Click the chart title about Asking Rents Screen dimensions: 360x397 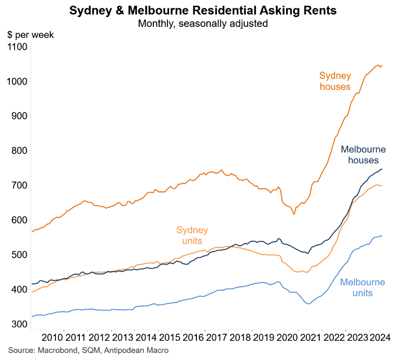pyautogui.click(x=198, y=10)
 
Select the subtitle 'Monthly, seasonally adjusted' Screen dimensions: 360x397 pyautogui.click(x=198, y=23)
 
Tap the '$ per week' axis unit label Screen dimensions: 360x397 pyautogui.click(x=30, y=35)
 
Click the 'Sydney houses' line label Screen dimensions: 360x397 pyautogui.click(x=335, y=81)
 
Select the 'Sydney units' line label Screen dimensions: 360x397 pyautogui.click(x=192, y=236)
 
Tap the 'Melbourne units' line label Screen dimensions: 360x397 pyautogui.click(x=362, y=288)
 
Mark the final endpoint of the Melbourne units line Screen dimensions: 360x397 pyautogui.click(x=382, y=236)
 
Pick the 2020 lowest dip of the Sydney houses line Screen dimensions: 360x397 pyautogui.click(x=294, y=214)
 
